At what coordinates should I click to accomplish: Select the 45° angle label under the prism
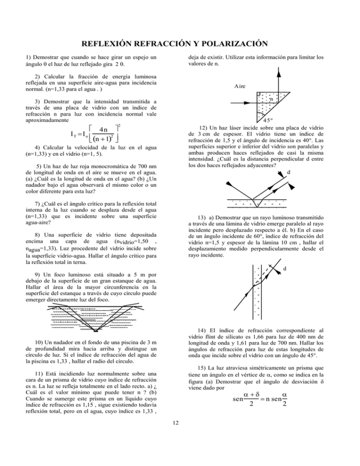[262, 119]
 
